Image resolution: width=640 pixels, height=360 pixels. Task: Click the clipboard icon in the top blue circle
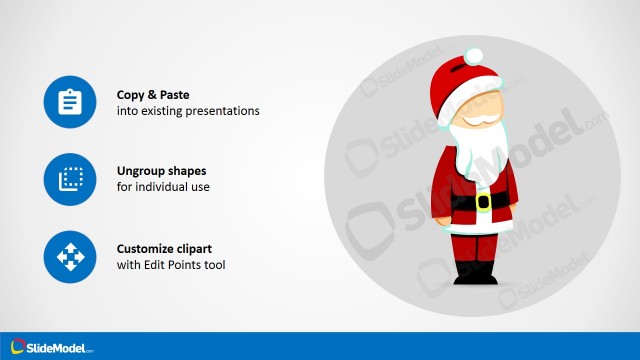click(x=69, y=102)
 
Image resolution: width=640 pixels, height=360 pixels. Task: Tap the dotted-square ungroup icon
click(x=69, y=179)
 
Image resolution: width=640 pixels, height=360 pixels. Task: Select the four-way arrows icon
click(x=69, y=257)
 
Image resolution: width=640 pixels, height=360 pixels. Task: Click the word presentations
click(x=224, y=111)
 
